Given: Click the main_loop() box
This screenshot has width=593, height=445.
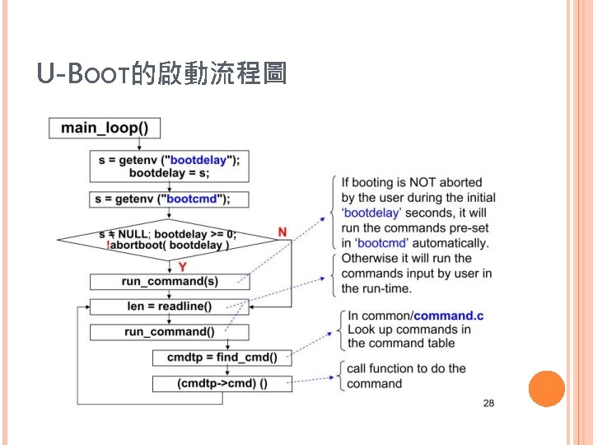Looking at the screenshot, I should [x=105, y=128].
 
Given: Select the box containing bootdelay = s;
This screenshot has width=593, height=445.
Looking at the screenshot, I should [x=169, y=166].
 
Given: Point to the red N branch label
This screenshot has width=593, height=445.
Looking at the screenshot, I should [x=282, y=232].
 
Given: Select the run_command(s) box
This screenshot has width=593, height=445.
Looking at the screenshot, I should [x=170, y=282].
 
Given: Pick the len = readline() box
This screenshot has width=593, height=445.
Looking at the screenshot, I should [x=168, y=307].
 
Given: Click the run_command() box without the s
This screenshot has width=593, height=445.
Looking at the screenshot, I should [x=169, y=332].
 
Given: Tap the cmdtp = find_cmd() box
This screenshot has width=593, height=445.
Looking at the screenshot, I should [x=222, y=358].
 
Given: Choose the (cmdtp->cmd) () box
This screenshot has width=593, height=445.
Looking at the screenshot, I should [x=222, y=383].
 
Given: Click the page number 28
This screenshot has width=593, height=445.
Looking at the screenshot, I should [x=488, y=403].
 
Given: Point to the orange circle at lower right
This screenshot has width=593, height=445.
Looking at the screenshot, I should [x=545, y=389].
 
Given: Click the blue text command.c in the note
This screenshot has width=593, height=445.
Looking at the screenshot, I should [x=449, y=316].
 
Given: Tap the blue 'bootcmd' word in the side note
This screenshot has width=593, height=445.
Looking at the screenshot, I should [x=381, y=243].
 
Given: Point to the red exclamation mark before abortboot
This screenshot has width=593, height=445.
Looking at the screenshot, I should [x=108, y=245].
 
